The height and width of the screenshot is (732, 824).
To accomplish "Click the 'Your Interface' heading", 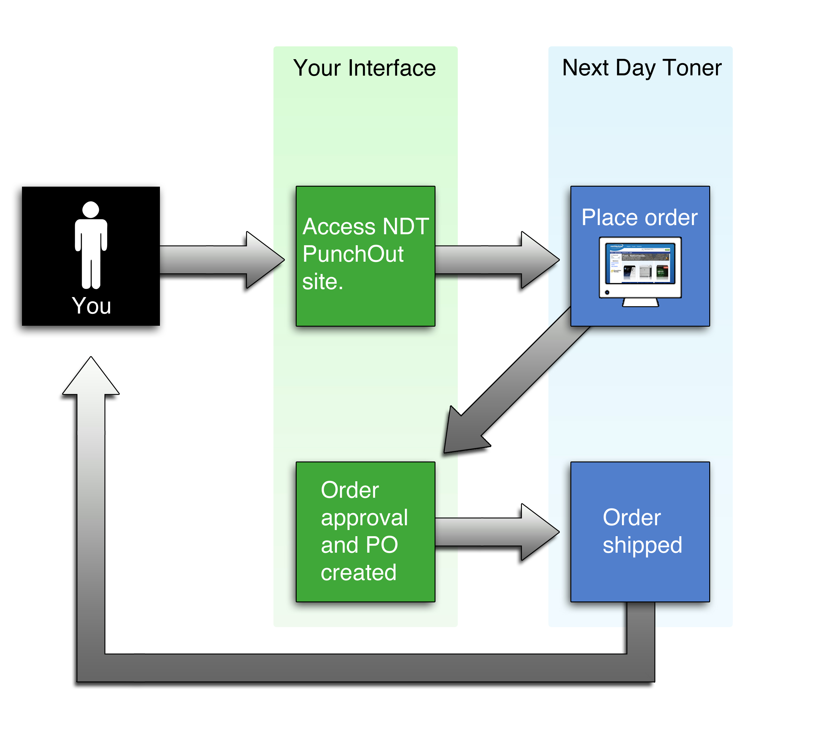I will point(364,68).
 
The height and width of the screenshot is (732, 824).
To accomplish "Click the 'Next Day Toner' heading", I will point(641,68).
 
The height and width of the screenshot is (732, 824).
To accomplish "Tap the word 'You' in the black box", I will point(91,306).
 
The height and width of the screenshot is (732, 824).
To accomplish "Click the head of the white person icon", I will point(91,210).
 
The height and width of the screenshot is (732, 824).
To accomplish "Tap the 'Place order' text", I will point(639,218).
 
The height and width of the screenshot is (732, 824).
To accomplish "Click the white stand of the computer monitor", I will point(640,303).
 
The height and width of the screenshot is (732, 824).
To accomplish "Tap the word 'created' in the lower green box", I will point(358,572).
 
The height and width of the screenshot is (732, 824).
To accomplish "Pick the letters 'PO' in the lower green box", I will point(382,545).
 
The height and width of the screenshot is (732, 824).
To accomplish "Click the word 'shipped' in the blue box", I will point(642,545).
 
